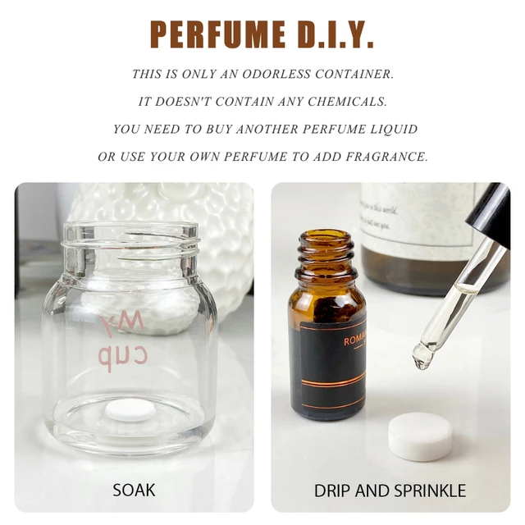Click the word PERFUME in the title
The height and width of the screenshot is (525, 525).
(x=212, y=34)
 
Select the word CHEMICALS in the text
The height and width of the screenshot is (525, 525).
(x=350, y=102)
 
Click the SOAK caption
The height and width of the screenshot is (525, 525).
(x=134, y=491)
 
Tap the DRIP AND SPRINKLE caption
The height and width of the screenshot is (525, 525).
(x=390, y=491)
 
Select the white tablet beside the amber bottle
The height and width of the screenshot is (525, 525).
(x=420, y=436)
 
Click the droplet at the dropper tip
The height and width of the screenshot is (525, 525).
(x=423, y=356)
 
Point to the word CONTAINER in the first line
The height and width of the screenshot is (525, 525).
(x=350, y=74)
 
